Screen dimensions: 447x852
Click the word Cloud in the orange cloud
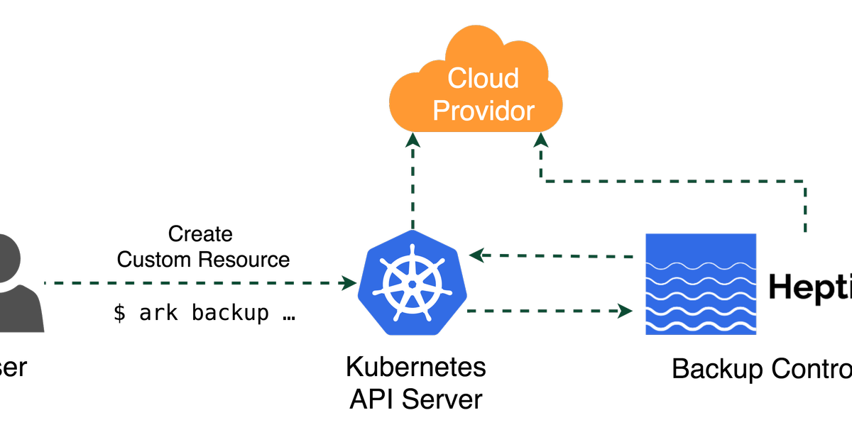484,78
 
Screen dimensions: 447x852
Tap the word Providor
484,111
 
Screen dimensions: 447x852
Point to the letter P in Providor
442,111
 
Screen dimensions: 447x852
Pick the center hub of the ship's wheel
412,284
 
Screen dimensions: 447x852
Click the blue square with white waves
700,284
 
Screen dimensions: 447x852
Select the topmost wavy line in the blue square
700,267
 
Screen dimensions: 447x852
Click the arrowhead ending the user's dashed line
349,284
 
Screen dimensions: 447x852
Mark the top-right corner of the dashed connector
804,182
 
